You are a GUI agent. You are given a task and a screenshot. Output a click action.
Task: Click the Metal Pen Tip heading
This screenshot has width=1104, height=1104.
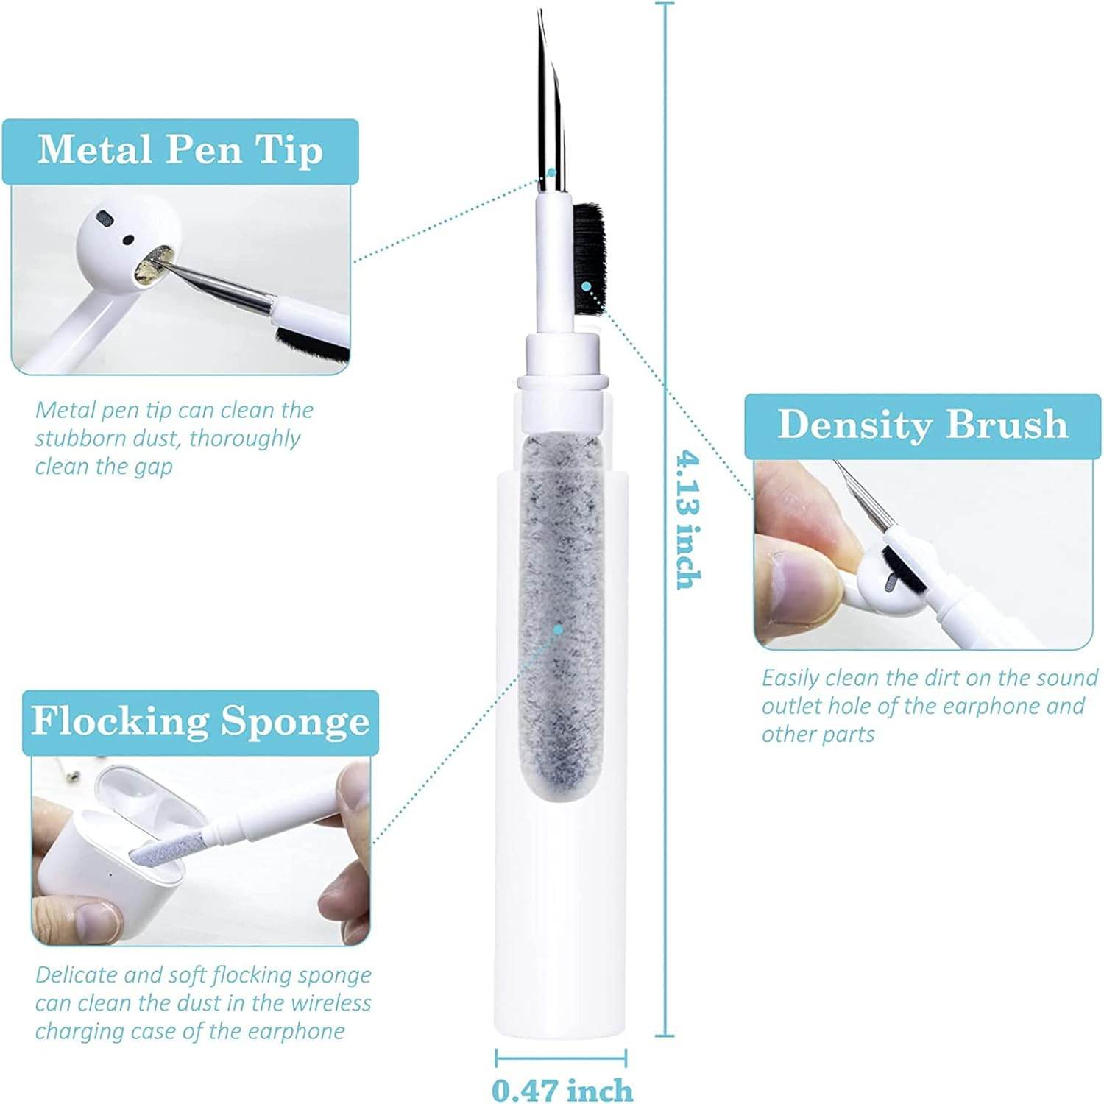(180, 150)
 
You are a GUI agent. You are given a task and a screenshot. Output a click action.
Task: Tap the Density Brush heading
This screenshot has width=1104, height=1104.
(922, 425)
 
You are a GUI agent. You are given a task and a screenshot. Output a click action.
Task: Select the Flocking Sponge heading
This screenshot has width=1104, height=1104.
(200, 722)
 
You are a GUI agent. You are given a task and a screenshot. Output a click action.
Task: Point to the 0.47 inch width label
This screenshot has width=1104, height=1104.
(562, 1089)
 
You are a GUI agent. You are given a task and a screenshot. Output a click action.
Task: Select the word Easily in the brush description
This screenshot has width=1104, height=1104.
(791, 679)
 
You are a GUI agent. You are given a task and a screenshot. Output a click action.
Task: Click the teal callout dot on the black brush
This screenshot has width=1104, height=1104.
(586, 285)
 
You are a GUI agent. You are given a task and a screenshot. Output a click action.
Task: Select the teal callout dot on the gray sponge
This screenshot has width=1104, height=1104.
(559, 629)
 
